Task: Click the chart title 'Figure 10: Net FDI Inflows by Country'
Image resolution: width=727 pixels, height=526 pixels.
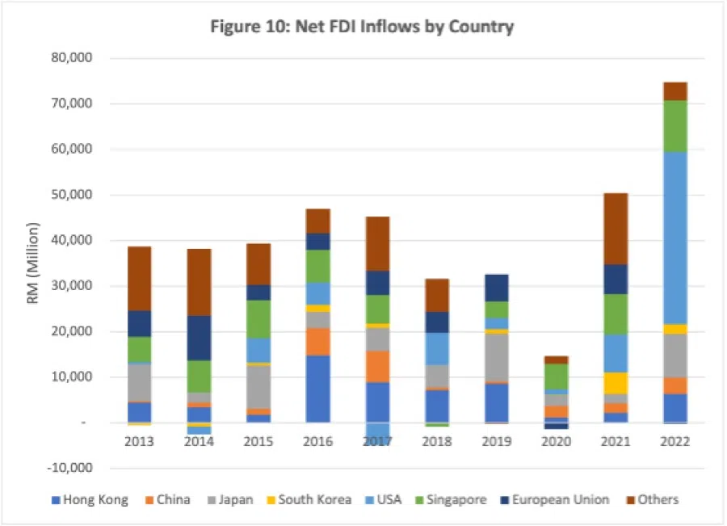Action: tap(362, 27)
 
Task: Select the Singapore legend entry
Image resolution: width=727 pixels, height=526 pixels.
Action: tap(452, 499)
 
